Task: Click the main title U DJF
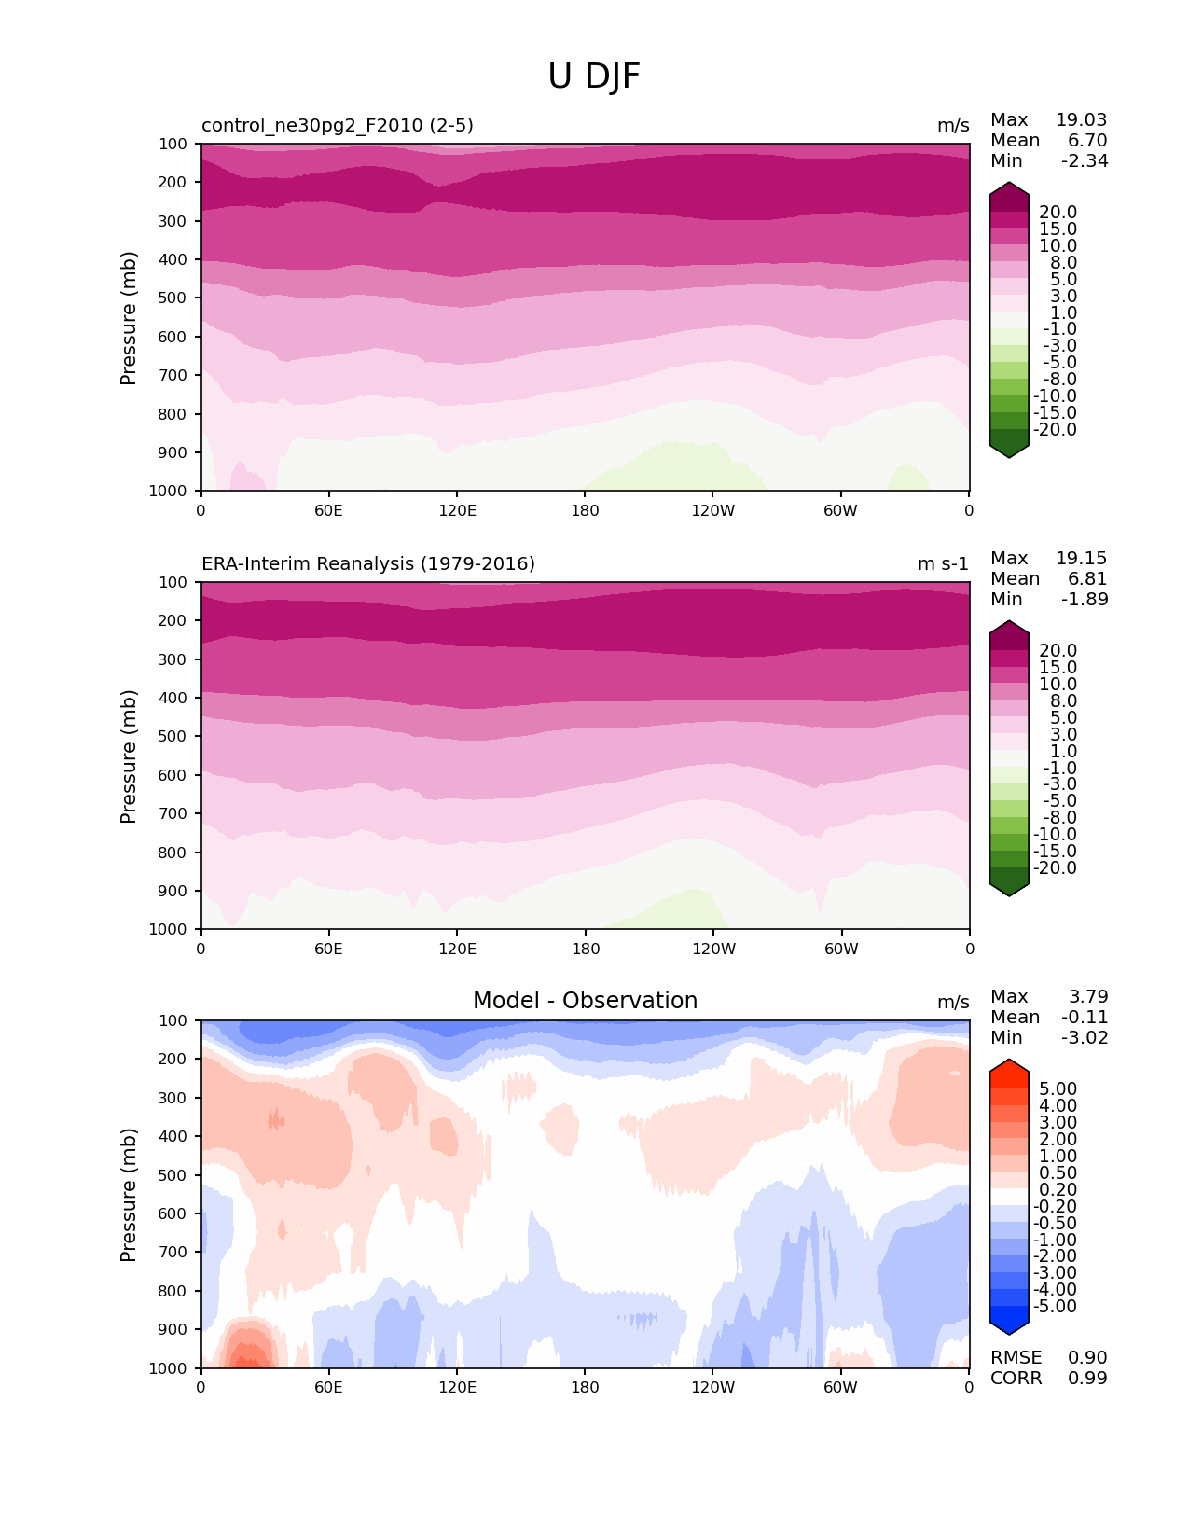click(594, 76)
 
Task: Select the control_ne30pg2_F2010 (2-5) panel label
click(338, 126)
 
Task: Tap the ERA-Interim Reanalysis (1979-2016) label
click(368, 564)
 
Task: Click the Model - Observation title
click(585, 1001)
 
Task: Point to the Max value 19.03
click(1081, 120)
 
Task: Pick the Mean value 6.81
click(1087, 579)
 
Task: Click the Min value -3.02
click(1085, 1038)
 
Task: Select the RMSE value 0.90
click(1087, 1358)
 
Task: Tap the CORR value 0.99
click(1087, 1379)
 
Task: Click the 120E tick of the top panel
click(457, 511)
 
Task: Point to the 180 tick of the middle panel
click(585, 950)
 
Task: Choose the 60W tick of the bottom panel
click(840, 1388)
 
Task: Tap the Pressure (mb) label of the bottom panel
click(129, 1195)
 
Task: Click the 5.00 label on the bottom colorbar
click(1058, 1089)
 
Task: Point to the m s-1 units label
click(943, 564)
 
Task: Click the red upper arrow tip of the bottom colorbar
click(1009, 1063)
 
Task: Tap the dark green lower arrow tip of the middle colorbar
click(1009, 893)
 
